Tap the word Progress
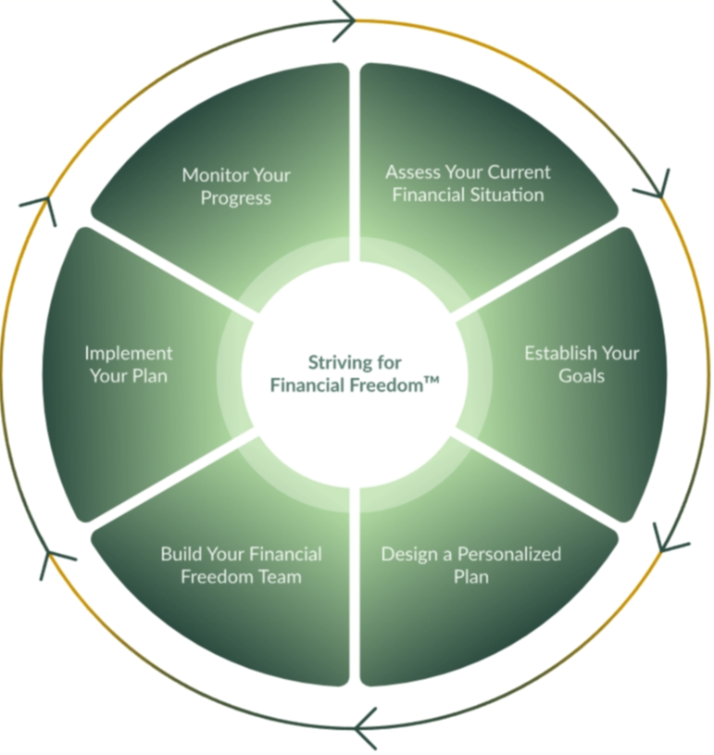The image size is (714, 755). pos(235,198)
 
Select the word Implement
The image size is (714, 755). pos(129,353)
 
